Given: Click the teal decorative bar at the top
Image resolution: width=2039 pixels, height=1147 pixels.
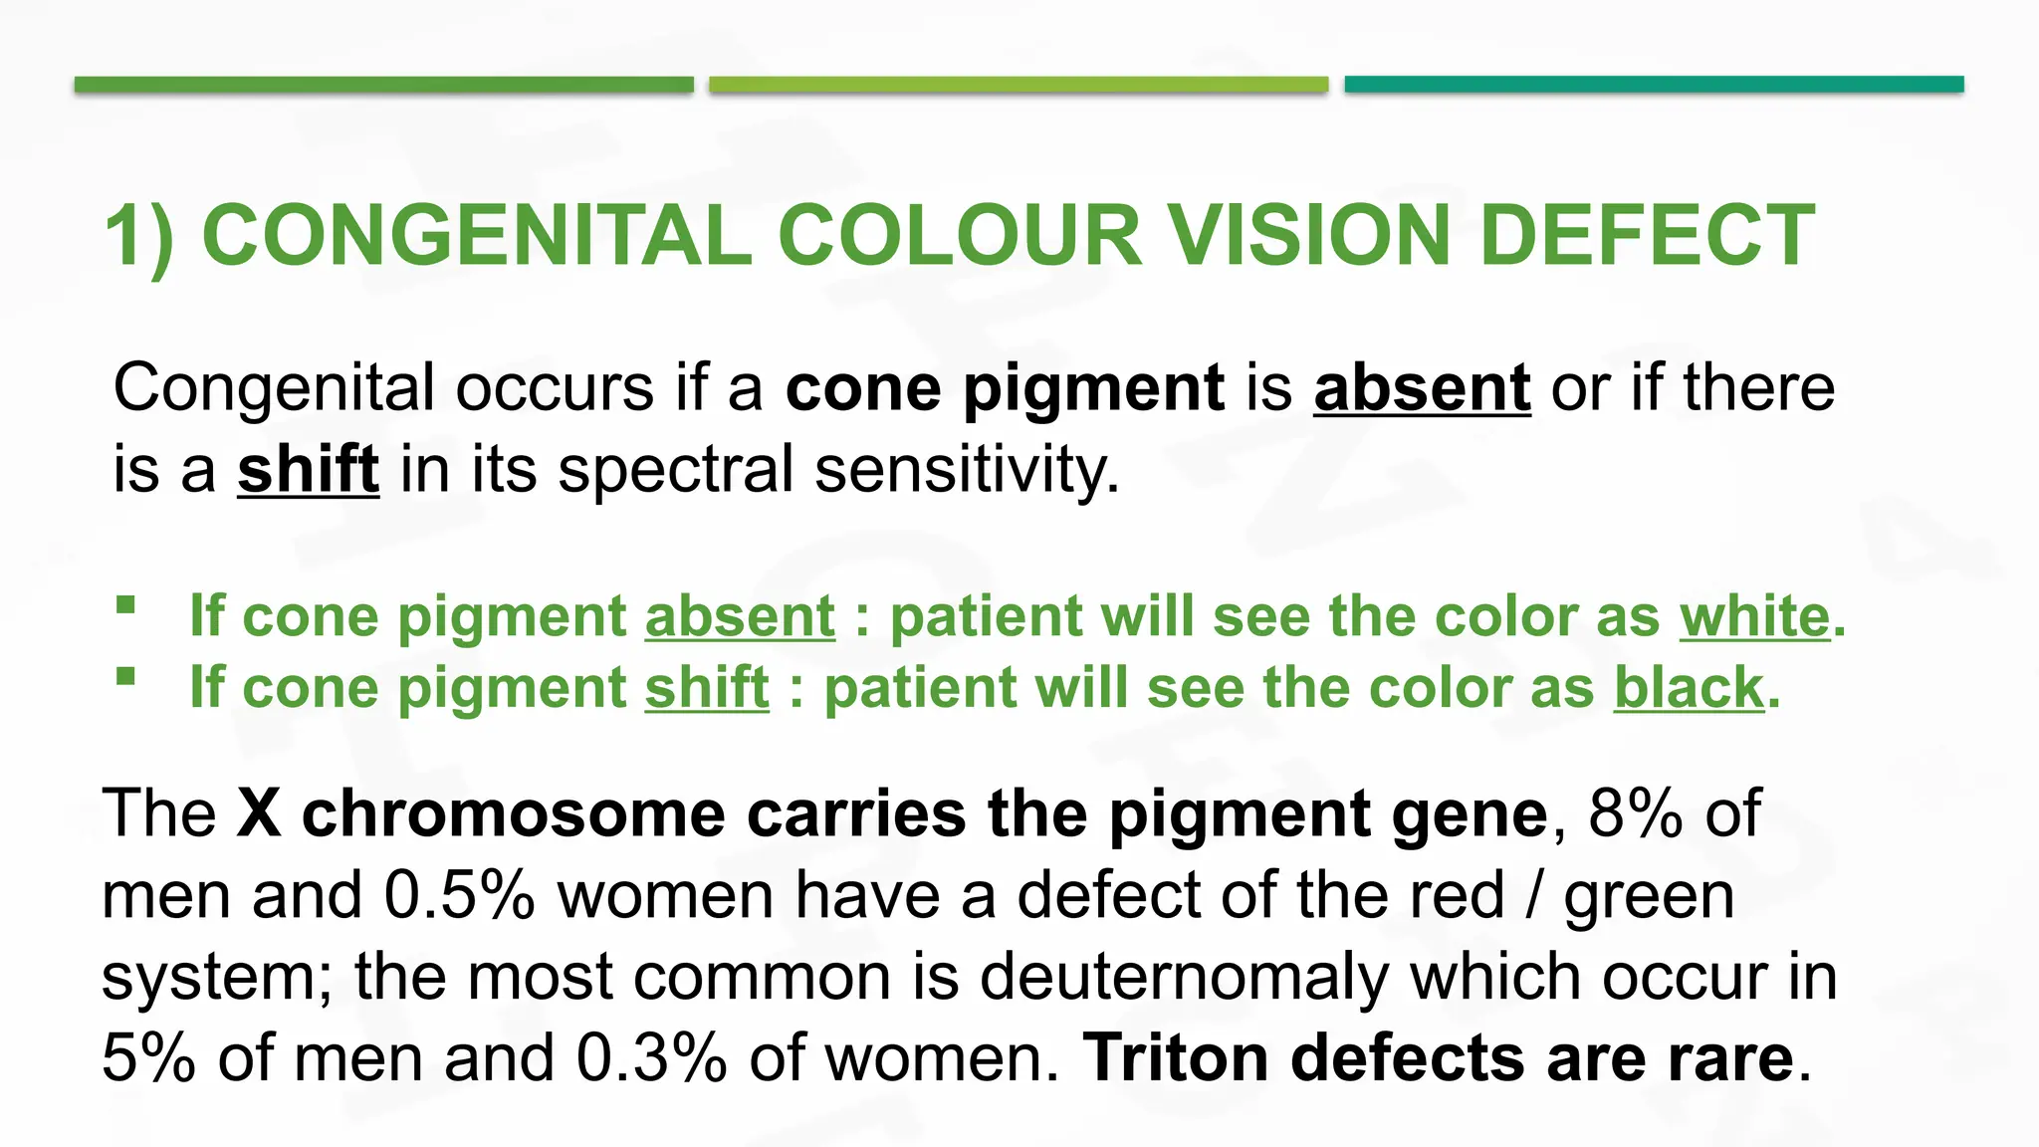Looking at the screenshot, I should (1654, 85).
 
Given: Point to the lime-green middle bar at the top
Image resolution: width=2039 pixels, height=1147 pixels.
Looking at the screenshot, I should (1019, 85).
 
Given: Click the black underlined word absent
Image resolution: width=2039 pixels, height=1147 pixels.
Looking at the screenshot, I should (1422, 387).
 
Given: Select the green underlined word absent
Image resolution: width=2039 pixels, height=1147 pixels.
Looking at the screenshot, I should (740, 616).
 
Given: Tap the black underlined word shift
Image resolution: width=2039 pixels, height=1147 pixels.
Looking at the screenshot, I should (308, 469).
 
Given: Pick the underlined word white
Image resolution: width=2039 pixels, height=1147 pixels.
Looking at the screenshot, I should (1755, 616).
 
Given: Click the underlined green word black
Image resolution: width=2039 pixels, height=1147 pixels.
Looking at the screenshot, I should (1689, 687).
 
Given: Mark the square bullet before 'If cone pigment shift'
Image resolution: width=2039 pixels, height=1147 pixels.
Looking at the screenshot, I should (125, 677).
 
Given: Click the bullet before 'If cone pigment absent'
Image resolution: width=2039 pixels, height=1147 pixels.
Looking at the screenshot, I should (125, 605).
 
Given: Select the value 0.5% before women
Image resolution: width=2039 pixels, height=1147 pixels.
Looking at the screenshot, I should (459, 895).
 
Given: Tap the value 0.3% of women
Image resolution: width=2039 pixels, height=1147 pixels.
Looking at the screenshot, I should (651, 1057).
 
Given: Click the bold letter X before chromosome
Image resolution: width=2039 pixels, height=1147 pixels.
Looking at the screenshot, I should (259, 813).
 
